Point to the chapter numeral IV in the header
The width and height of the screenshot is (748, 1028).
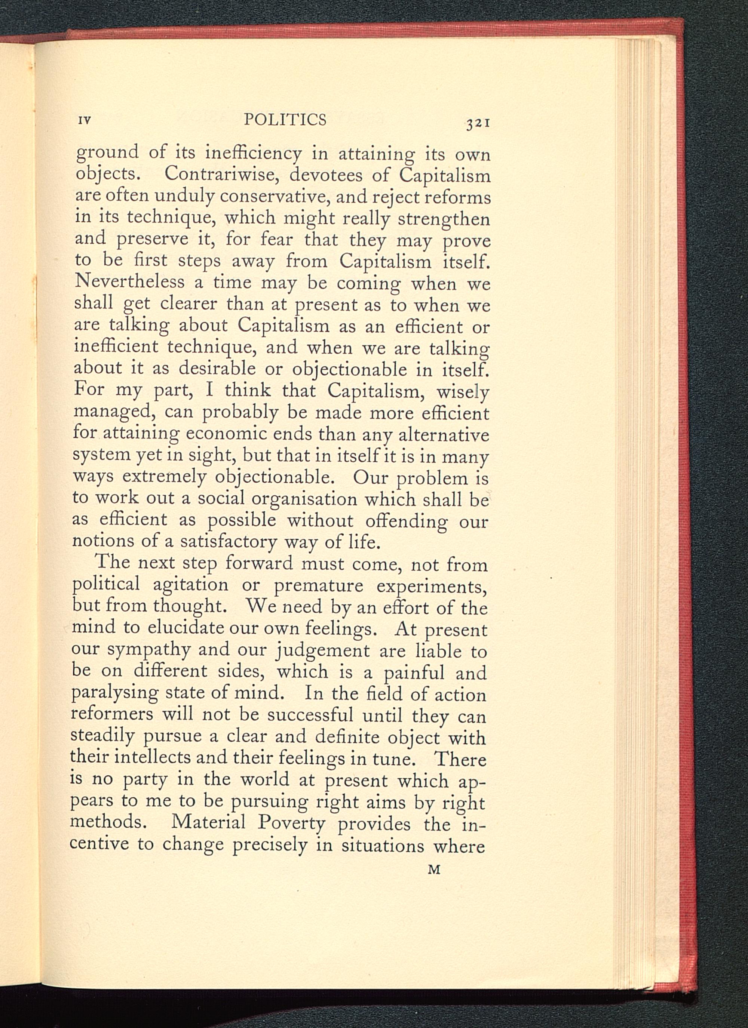[x=85, y=121]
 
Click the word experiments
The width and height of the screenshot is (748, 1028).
[x=431, y=586]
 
